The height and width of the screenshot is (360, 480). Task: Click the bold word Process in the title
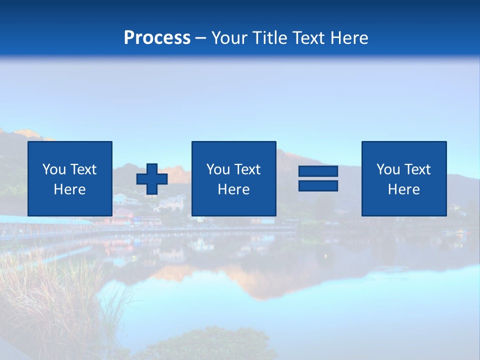157,38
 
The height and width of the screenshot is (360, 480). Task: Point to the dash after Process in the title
201,38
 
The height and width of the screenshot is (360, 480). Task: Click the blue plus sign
152,179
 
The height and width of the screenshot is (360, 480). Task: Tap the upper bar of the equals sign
318,171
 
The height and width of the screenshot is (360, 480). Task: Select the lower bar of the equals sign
318,186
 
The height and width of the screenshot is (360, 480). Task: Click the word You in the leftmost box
54,169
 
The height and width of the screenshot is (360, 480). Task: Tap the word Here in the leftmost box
70,189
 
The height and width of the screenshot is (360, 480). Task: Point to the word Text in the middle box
247,169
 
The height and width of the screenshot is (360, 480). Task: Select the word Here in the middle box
233,189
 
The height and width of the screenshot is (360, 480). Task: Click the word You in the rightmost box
388,169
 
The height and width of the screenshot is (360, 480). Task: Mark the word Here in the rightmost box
403,189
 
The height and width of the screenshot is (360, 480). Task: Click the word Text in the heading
306,38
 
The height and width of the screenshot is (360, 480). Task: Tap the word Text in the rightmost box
417,169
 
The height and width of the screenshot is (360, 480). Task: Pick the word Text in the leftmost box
83,169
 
